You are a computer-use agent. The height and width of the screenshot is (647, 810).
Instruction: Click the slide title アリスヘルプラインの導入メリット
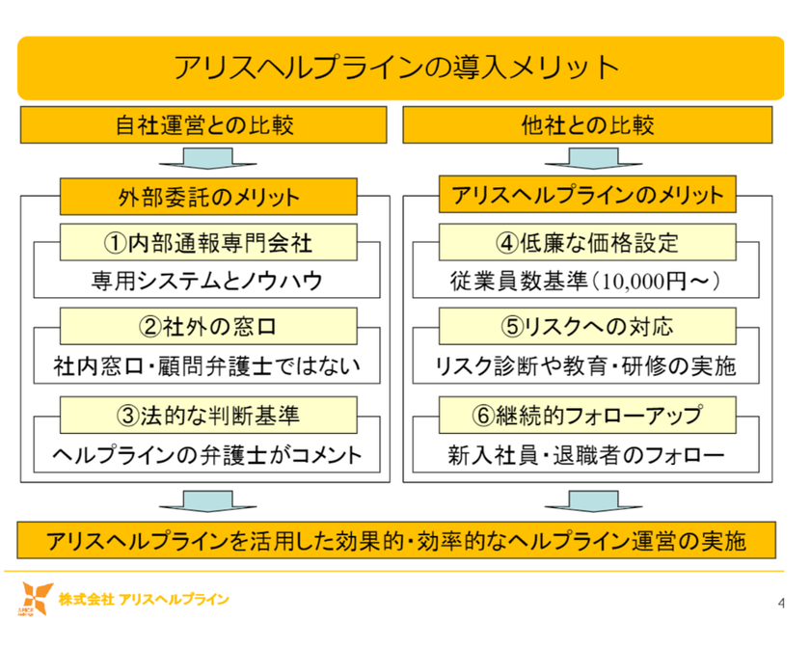tap(396, 67)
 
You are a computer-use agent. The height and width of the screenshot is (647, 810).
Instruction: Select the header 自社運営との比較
tap(203, 125)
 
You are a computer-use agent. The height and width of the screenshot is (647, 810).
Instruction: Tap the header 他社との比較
tap(587, 125)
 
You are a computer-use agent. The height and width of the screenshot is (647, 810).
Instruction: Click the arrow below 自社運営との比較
tap(207, 158)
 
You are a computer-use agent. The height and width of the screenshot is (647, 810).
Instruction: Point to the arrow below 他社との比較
tap(594, 158)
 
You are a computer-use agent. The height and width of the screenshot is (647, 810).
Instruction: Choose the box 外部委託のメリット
tap(208, 197)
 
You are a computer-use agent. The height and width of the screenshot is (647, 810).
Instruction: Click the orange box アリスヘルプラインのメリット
tap(587, 195)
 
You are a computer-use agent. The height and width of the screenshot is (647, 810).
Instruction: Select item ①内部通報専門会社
tap(208, 242)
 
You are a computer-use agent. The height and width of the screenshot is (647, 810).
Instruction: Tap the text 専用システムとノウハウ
tap(207, 281)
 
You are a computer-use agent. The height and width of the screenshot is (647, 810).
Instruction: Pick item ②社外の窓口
tap(208, 326)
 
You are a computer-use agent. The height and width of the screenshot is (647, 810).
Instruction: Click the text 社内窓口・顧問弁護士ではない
tap(206, 366)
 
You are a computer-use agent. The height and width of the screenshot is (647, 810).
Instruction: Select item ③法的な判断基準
tap(208, 416)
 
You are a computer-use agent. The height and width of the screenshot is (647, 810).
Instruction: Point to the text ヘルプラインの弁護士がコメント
tap(206, 455)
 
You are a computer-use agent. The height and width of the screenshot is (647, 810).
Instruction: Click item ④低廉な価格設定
tap(587, 242)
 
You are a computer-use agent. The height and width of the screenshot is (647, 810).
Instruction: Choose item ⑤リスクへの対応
tap(587, 326)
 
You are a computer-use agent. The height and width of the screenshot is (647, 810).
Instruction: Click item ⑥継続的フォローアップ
tap(587, 416)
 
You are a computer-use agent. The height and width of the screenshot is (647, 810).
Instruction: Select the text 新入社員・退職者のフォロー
tap(586, 455)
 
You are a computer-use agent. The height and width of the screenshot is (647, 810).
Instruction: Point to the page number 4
tap(781, 603)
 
